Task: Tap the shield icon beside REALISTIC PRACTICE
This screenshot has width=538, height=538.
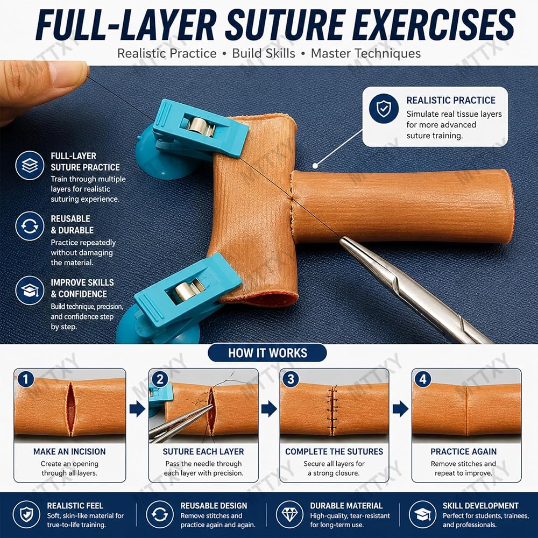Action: pyautogui.click(x=384, y=109)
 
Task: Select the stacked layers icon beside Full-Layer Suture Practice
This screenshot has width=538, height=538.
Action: pyautogui.click(x=30, y=165)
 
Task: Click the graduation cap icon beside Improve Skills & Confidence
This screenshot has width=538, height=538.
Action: pyautogui.click(x=30, y=291)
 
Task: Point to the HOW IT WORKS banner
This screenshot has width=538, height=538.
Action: pyautogui.click(x=267, y=353)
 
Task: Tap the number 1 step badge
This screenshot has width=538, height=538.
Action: pyautogui.click(x=26, y=379)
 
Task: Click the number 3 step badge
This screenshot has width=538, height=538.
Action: pyautogui.click(x=291, y=379)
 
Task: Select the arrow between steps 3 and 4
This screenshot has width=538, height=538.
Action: pyautogui.click(x=400, y=409)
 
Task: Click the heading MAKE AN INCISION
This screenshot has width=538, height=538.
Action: pyautogui.click(x=69, y=451)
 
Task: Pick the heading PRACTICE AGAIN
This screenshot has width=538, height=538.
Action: pyautogui.click(x=464, y=451)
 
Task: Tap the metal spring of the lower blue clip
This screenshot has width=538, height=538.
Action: pyautogui.click(x=187, y=291)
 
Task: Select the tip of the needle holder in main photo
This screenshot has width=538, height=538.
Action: pyautogui.click(x=342, y=240)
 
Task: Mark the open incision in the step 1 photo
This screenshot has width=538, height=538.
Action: pyautogui.click(x=70, y=408)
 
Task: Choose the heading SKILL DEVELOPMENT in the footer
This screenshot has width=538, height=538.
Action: pyautogui.click(x=480, y=506)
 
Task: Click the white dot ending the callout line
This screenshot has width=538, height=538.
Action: pyautogui.click(x=315, y=166)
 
